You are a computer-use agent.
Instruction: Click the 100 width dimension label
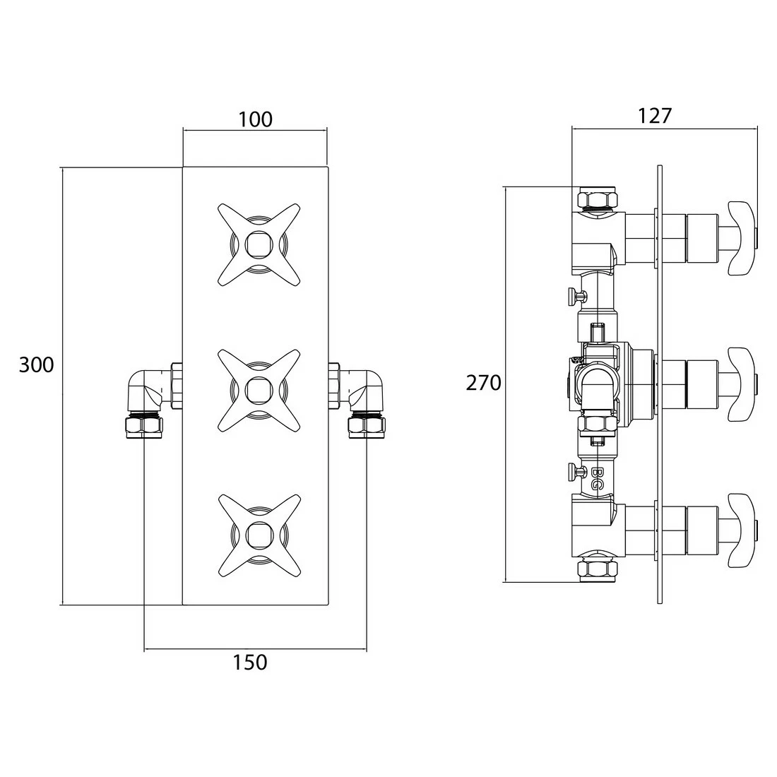click(255, 119)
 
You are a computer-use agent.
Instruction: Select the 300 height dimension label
click(36, 365)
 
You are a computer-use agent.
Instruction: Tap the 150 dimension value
click(250, 662)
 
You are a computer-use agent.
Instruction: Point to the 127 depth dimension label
click(654, 115)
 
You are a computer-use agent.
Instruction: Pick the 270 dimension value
click(483, 383)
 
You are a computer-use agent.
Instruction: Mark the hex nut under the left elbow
click(143, 425)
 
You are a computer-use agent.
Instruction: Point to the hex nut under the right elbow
click(366, 425)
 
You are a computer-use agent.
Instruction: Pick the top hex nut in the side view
click(598, 198)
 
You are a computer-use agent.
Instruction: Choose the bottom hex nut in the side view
click(598, 570)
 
